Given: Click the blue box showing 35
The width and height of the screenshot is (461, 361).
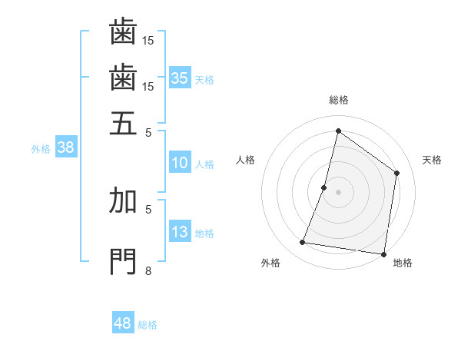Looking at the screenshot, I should click(179, 78).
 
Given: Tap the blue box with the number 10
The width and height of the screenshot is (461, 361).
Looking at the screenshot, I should click(179, 163).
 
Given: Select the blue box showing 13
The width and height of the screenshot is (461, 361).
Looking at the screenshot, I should click(179, 233).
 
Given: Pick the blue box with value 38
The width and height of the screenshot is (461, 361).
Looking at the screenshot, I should click(65, 148).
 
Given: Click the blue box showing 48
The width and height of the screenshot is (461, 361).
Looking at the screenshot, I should click(123, 323).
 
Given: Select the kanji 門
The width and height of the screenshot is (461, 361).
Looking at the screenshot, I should click(123, 261).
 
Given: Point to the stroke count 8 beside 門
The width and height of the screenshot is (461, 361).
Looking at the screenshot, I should click(148, 270).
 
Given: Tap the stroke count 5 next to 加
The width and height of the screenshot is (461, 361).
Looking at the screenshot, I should click(148, 207).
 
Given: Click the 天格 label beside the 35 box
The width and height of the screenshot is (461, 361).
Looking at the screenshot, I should click(204, 79).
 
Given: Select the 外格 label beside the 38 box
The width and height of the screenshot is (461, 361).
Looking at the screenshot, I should click(40, 149).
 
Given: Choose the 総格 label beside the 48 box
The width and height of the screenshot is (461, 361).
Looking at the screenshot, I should click(148, 325).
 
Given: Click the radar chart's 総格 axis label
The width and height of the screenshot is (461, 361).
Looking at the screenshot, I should click(338, 100).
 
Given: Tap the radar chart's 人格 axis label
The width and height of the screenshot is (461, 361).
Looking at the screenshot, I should click(246, 160).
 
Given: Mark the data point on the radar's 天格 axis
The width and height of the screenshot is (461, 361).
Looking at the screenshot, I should click(397, 173).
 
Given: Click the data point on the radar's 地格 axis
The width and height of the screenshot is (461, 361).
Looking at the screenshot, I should click(382, 253).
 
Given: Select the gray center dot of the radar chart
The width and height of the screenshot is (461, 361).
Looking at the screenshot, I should click(338, 191).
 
